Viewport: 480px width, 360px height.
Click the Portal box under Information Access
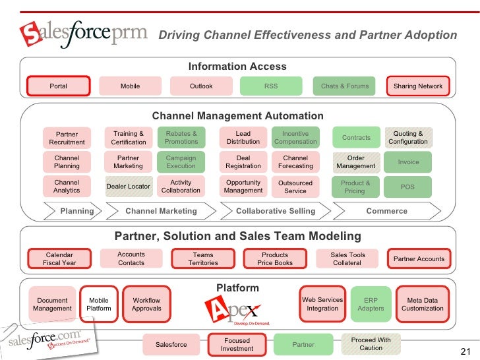coord(58,86)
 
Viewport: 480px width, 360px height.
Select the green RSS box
coord(271,86)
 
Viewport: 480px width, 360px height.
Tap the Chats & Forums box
coord(344,86)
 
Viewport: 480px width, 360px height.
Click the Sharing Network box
coord(418,86)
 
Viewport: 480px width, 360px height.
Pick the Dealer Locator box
coord(129,187)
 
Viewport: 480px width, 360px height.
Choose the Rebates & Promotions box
coord(181,138)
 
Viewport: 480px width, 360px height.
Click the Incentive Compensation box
coord(295,138)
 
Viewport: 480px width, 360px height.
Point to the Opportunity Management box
coord(243,187)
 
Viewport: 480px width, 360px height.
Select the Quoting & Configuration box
coord(408,138)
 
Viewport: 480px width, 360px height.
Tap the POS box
coord(408,187)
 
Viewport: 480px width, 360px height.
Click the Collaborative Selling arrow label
coord(276,211)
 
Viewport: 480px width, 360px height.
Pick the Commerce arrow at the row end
coord(386,211)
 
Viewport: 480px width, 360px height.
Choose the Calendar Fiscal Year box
coord(59,258)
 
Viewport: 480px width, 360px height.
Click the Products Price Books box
coord(275,258)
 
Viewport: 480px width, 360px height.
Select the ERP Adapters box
coord(371,304)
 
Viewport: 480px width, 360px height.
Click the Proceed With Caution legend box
coord(371,344)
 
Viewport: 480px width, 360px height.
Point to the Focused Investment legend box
coord(237,344)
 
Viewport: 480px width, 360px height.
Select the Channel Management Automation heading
coord(238,116)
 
